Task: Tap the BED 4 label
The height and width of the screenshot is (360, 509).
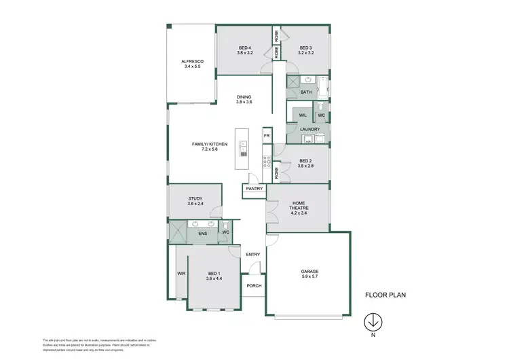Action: [245, 47]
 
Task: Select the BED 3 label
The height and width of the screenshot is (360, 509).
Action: [306, 47]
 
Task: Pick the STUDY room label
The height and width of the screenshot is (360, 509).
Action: [195, 199]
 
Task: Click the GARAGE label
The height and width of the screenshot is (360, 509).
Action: [309, 271]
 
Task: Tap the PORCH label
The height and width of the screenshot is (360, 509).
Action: [254, 286]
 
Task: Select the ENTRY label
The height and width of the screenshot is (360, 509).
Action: [253, 255]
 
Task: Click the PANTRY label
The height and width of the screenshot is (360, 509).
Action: [254, 188]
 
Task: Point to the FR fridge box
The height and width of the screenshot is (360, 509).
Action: [267, 135]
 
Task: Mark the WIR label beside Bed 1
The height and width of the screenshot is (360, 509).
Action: [181, 273]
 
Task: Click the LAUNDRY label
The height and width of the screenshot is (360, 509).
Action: [309, 128]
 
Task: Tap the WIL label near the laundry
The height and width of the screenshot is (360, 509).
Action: [303, 115]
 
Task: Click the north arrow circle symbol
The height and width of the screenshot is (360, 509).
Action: [372, 320]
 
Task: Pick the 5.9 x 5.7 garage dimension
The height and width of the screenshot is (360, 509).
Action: [309, 276]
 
